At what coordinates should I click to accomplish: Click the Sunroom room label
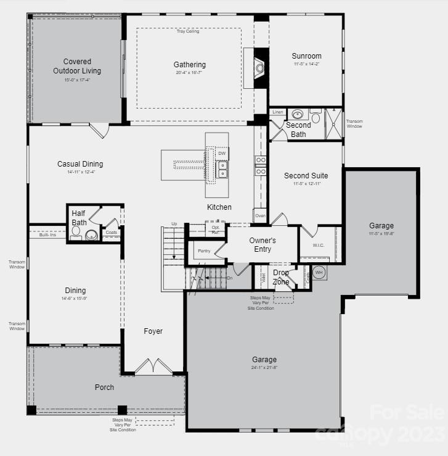click(306, 56)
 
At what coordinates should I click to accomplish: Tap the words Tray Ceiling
click(188, 31)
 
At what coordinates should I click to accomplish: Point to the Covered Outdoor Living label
click(77, 66)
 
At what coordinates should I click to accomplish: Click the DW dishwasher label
click(222, 154)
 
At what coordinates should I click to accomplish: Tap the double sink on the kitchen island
click(222, 170)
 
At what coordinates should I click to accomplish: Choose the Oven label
click(260, 216)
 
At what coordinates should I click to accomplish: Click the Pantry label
click(204, 251)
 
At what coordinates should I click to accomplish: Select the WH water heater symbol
click(319, 272)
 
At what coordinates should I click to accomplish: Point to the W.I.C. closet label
click(319, 246)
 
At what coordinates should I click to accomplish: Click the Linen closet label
click(278, 112)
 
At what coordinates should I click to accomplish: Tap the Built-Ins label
click(47, 235)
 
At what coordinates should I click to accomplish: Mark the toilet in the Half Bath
click(76, 231)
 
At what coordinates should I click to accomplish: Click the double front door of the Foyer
click(153, 367)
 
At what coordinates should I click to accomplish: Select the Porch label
click(104, 388)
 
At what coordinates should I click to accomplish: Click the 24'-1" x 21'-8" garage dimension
click(264, 368)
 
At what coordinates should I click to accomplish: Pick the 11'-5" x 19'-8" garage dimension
click(381, 234)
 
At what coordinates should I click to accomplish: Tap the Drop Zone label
click(281, 277)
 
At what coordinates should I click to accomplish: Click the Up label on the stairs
click(174, 223)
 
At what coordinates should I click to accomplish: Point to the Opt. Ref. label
click(216, 230)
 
